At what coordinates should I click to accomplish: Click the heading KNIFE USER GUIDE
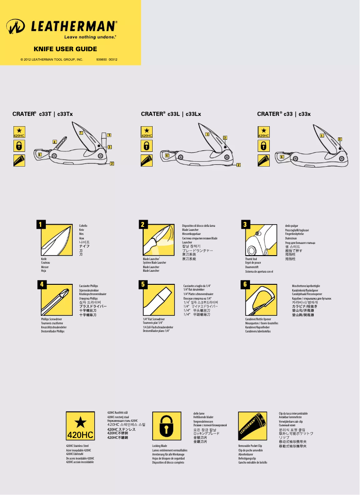pyautogui.click(x=65, y=49)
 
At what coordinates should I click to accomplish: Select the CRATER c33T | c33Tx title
pyautogui.click(x=43, y=114)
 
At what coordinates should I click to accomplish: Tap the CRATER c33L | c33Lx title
pyautogui.click(x=171, y=114)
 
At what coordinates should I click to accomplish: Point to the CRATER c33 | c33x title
pyautogui.click(x=284, y=114)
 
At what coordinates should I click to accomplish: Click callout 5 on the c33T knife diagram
pyautogui.click(x=109, y=135)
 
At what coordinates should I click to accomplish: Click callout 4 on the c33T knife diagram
pyautogui.click(x=55, y=142)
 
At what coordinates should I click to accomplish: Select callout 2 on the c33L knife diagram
pyautogui.click(x=238, y=165)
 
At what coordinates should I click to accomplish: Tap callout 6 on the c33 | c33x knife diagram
pyautogui.click(x=282, y=157)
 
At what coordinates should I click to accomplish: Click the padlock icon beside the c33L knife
pyautogui.click(x=147, y=145)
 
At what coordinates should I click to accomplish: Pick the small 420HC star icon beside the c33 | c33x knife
pyautogui.click(x=263, y=132)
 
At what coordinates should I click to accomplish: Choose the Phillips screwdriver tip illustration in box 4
pyautogui.click(x=57, y=300)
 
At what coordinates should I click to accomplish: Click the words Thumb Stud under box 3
pyautogui.click(x=251, y=259)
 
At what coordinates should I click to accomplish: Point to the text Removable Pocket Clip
pyautogui.click(x=250, y=446)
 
